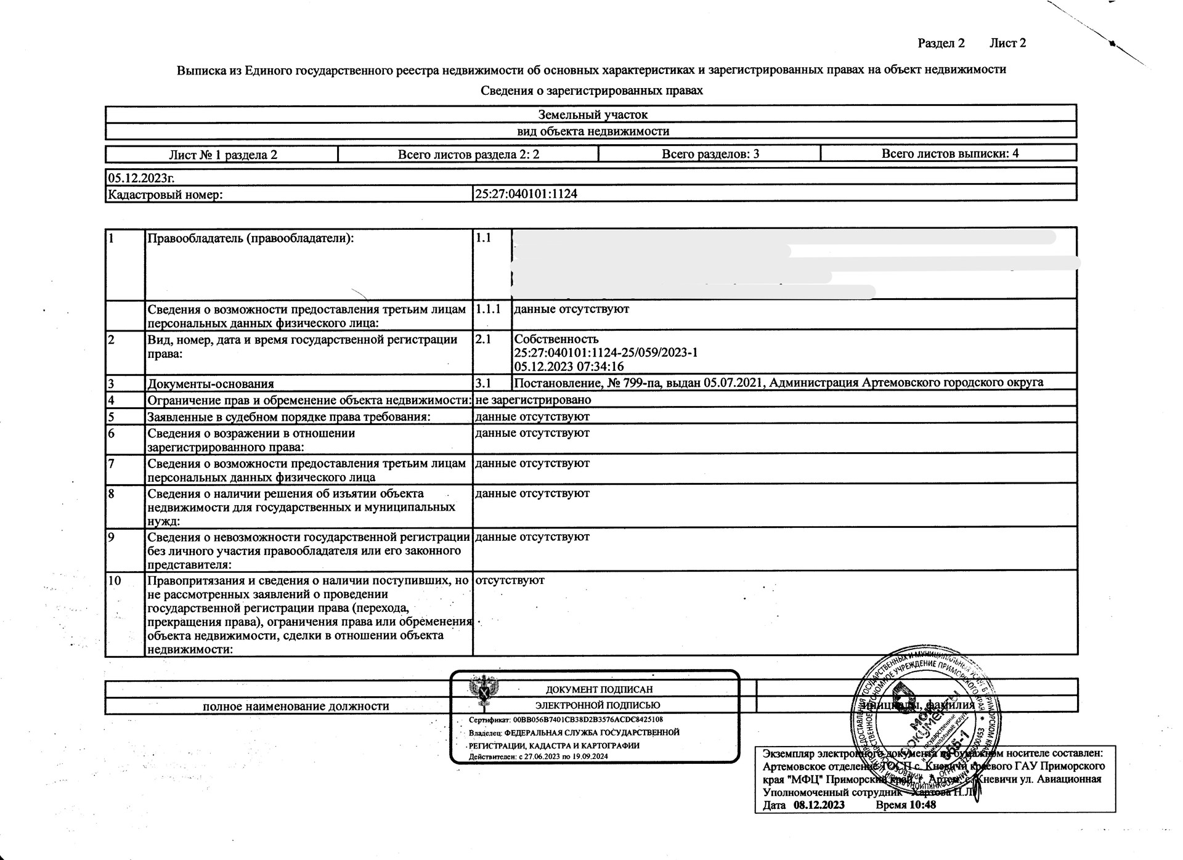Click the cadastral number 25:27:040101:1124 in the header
click(x=526, y=194)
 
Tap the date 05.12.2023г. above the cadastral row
click(x=141, y=178)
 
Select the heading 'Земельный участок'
click(x=593, y=115)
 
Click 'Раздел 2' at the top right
click(x=941, y=43)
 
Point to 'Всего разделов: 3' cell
click(x=710, y=154)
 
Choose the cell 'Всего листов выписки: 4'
click(x=949, y=153)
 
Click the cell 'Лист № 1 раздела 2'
click(x=223, y=155)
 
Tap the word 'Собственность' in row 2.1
click(x=556, y=339)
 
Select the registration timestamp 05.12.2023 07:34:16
click(x=569, y=367)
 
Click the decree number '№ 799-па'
click(x=630, y=383)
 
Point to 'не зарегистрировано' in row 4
click(x=533, y=400)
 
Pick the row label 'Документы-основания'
click(x=210, y=384)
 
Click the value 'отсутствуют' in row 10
click(x=510, y=580)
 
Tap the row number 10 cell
click(x=115, y=581)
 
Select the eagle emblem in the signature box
click(x=484, y=691)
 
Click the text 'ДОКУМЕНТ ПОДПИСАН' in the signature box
click(x=599, y=690)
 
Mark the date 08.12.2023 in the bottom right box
click(x=819, y=805)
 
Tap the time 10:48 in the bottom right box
click(x=922, y=805)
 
